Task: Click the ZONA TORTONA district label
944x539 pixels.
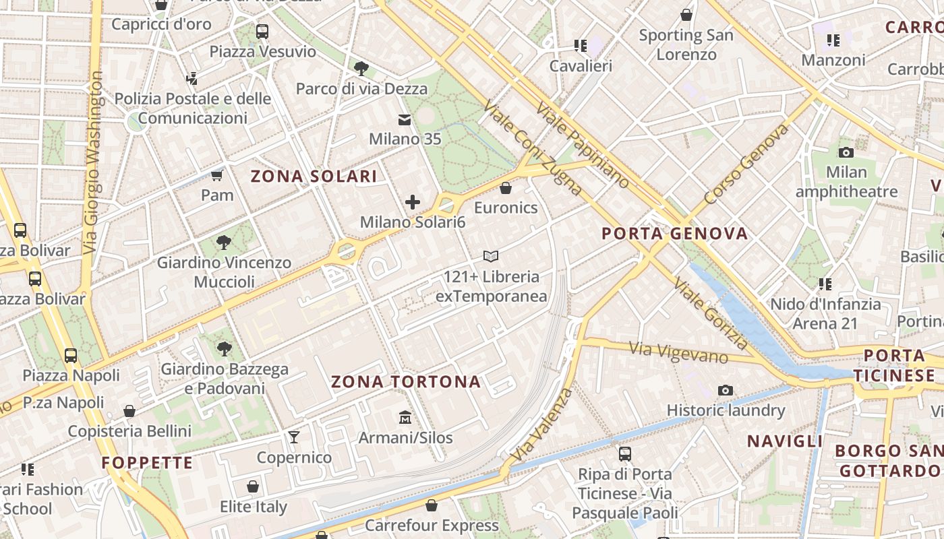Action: pyautogui.click(x=406, y=382)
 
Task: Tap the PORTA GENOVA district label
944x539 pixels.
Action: pyautogui.click(x=674, y=234)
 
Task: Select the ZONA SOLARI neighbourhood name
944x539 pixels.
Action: pyautogui.click(x=314, y=177)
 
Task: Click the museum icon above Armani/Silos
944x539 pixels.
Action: pyautogui.click(x=405, y=418)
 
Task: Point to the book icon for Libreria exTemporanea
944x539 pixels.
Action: pyautogui.click(x=491, y=256)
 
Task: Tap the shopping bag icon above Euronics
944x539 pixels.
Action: pyautogui.click(x=506, y=187)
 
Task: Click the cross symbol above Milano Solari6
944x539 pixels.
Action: pyautogui.click(x=412, y=201)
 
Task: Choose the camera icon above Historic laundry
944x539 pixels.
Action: pyautogui.click(x=726, y=390)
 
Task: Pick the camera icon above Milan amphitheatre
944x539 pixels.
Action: pyautogui.click(x=846, y=152)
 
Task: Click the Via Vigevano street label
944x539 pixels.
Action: pyautogui.click(x=678, y=352)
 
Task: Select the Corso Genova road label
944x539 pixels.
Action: pyautogui.click(x=746, y=164)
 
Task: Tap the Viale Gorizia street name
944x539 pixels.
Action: pyautogui.click(x=710, y=314)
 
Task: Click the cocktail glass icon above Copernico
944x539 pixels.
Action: pyautogui.click(x=294, y=437)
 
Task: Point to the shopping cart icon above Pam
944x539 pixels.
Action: pyautogui.click(x=216, y=176)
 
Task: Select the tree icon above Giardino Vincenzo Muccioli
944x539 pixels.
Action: pyautogui.click(x=224, y=243)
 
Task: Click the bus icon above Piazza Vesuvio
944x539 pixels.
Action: pyautogui.click(x=262, y=31)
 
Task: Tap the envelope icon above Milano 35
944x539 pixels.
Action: pyautogui.click(x=405, y=120)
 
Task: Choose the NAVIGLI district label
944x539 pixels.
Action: pyautogui.click(x=784, y=441)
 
